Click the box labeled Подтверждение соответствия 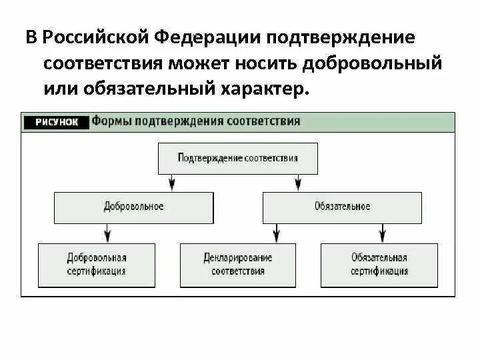[x=237, y=159]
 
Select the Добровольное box [x=133, y=207]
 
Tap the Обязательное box [x=342, y=207]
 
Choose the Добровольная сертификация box [x=97, y=265]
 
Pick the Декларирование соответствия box [x=238, y=265]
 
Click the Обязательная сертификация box [x=379, y=265]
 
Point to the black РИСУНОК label [x=56, y=122]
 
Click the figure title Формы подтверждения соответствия [x=196, y=122]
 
